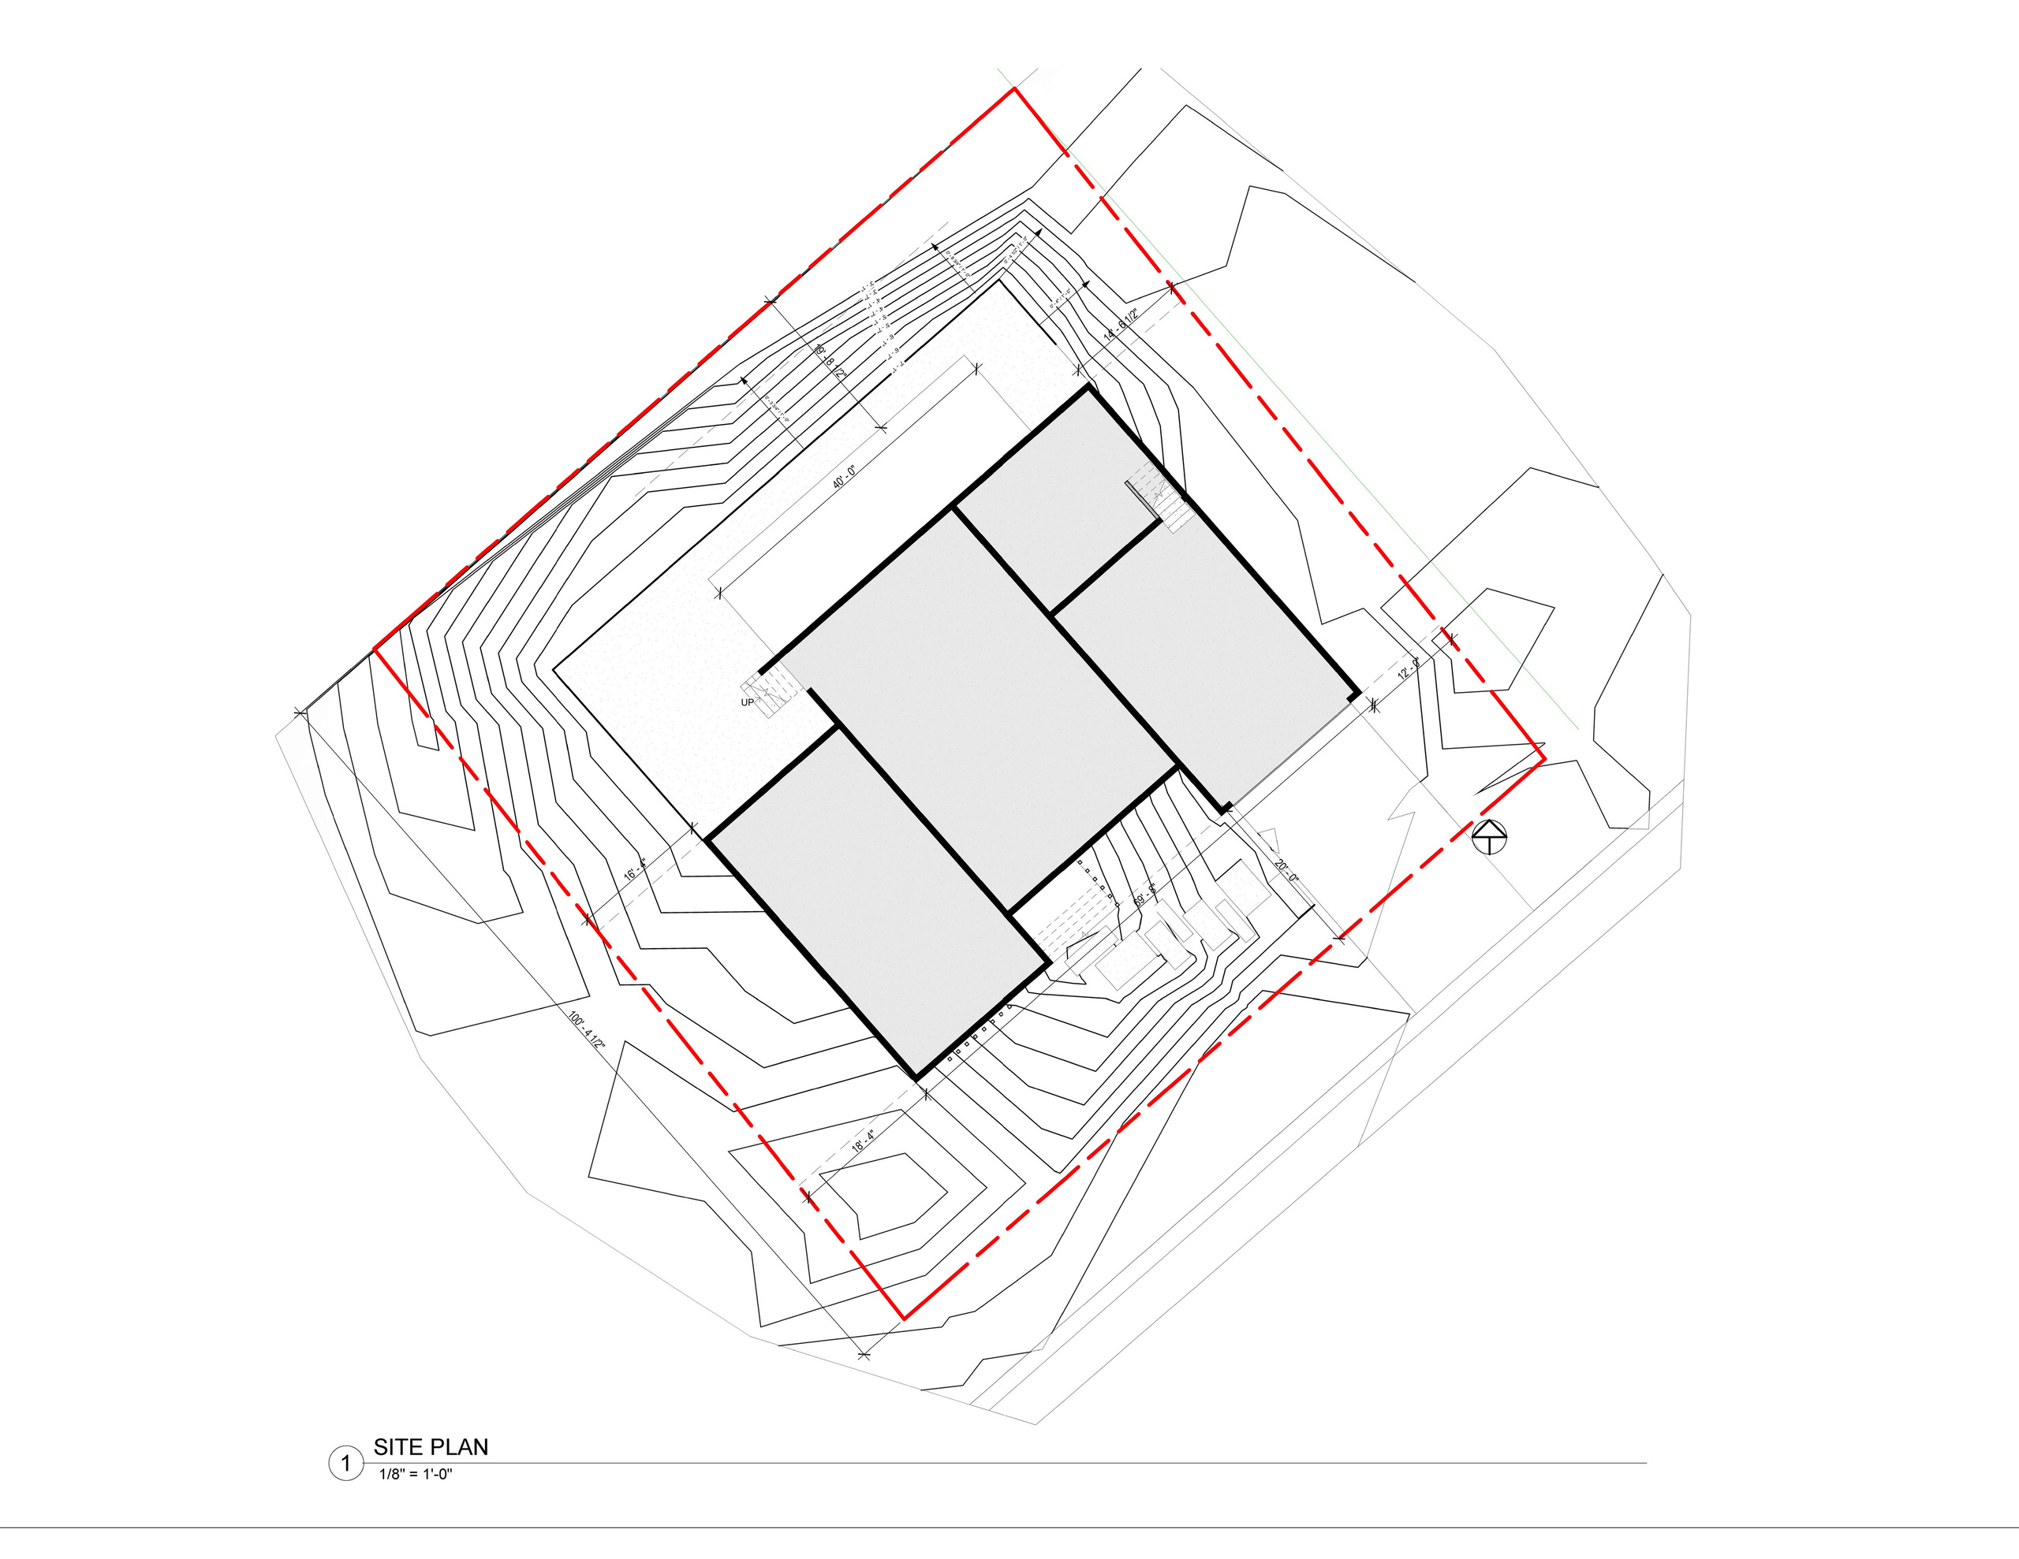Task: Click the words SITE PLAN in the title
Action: (431, 1447)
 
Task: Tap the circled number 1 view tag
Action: (345, 1464)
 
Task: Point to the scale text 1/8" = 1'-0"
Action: (415, 1474)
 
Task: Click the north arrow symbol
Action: (1489, 836)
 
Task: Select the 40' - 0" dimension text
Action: (844, 477)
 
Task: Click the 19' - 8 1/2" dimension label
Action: (829, 360)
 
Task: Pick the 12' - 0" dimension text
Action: (1408, 668)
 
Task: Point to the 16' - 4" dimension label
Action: (633, 872)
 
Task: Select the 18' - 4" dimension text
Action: (863, 1140)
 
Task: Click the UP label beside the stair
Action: (747, 702)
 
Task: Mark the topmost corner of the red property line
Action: (1015, 89)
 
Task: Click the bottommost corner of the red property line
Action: (903, 1318)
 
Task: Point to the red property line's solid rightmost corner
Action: (1544, 760)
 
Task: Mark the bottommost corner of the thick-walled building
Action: (916, 1077)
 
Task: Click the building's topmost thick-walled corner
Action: (1089, 388)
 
